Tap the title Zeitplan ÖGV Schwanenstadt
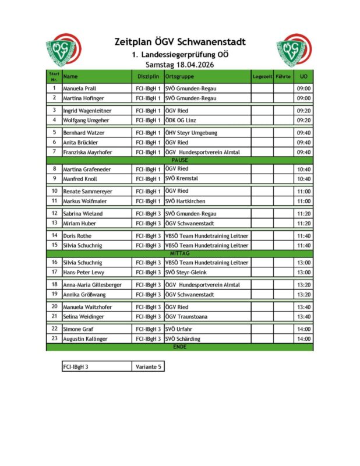tap(179, 42)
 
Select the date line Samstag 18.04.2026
tap(179, 65)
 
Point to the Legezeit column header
tap(262, 76)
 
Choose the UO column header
tap(303, 76)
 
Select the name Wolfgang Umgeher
tap(87, 121)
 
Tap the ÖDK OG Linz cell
tap(183, 121)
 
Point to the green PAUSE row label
tap(179, 160)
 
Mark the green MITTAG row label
tap(179, 254)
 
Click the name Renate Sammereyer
tap(87, 191)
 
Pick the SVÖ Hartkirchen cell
tap(186, 201)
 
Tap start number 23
tap(54, 338)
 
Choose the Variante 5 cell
tap(148, 367)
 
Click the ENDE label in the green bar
tap(179, 347)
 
